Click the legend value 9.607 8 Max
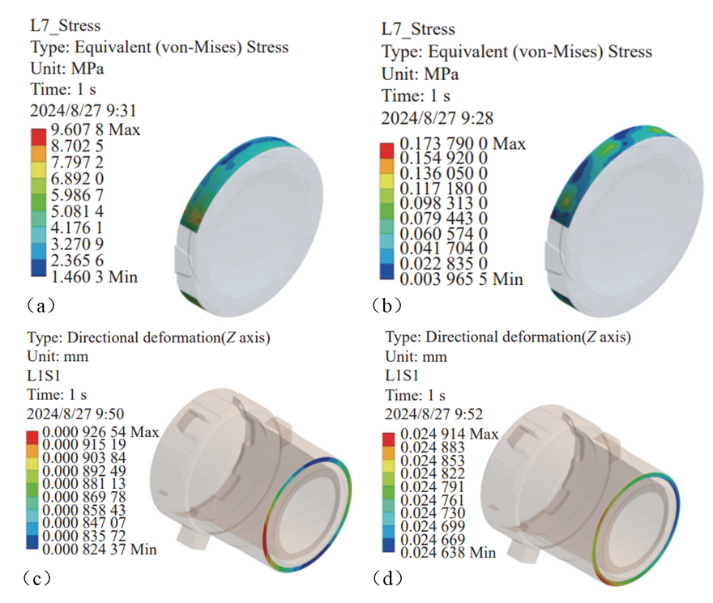pyautogui.click(x=96, y=130)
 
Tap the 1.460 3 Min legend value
pyautogui.click(x=94, y=277)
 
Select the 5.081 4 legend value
pyautogui.click(x=77, y=211)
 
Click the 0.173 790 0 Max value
pyautogui.click(x=463, y=144)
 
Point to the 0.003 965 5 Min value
pyautogui.click(x=462, y=279)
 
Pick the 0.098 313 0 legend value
pyautogui.click(x=444, y=204)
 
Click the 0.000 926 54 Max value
pyautogui.click(x=101, y=431)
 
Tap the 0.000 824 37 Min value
pyautogui.click(x=100, y=550)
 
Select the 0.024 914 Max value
pyautogui.click(x=450, y=434)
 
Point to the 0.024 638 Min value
pyautogui.click(x=448, y=553)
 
